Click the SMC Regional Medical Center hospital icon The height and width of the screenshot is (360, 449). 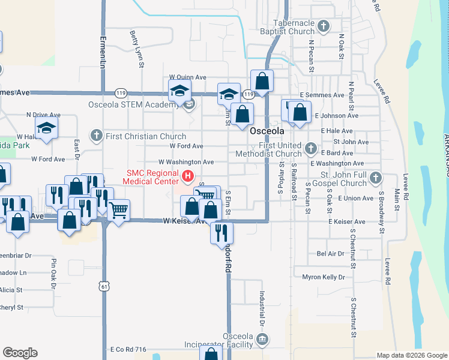click(x=188, y=176)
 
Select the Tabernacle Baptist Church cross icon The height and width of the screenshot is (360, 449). click(x=324, y=26)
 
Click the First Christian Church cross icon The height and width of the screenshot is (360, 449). click(x=96, y=136)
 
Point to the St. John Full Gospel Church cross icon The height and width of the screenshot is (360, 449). click(x=375, y=178)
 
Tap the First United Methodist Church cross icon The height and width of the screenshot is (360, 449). click(x=310, y=148)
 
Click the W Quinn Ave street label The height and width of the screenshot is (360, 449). click(x=187, y=77)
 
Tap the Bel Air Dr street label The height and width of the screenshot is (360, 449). click(x=331, y=254)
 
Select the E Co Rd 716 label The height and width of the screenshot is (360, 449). click(x=128, y=349)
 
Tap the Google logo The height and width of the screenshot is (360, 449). click(x=20, y=353)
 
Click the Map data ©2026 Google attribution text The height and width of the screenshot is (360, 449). click(x=412, y=355)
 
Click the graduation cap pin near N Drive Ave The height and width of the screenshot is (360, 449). click(x=47, y=128)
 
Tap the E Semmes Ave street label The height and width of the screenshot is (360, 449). click(x=322, y=95)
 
